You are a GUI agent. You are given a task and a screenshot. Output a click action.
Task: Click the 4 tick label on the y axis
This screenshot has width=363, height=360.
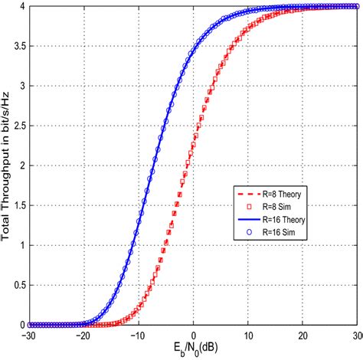pyautogui.click(x=21, y=6)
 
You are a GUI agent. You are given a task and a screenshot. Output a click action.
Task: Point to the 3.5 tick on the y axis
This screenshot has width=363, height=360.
pyautogui.click(x=17, y=46)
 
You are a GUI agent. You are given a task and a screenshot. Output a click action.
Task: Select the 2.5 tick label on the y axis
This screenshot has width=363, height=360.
pyautogui.click(x=17, y=126)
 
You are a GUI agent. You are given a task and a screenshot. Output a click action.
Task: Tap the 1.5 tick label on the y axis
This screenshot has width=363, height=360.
pyautogui.click(x=17, y=205)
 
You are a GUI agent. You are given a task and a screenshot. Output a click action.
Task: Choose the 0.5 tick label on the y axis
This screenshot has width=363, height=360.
pyautogui.click(x=17, y=285)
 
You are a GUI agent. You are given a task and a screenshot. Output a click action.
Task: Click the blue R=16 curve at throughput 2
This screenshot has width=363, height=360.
pyautogui.click(x=158, y=165)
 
